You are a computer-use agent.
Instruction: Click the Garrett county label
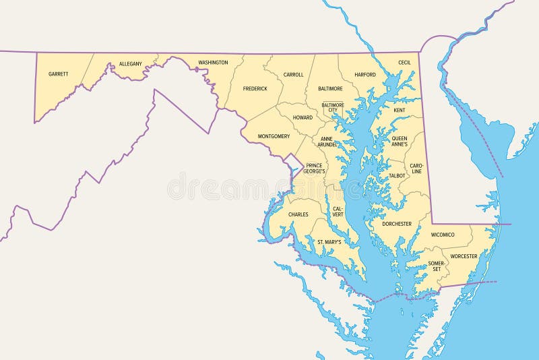click(x=59, y=73)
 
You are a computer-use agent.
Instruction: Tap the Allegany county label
click(x=130, y=64)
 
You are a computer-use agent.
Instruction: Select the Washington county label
click(x=213, y=63)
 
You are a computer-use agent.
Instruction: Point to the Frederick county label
click(x=255, y=88)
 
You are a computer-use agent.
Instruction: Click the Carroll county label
click(x=293, y=75)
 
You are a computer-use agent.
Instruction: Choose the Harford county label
click(x=364, y=75)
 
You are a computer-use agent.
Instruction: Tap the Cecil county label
click(x=404, y=62)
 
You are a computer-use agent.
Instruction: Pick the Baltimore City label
click(x=333, y=108)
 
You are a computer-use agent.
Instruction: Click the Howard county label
click(x=303, y=117)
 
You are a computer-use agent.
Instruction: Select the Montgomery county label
click(x=274, y=136)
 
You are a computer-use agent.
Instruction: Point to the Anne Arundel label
click(x=327, y=141)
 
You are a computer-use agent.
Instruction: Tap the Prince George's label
click(x=315, y=168)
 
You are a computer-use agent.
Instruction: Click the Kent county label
click(x=400, y=110)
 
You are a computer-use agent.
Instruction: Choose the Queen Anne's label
click(x=400, y=141)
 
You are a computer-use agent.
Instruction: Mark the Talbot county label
click(x=397, y=175)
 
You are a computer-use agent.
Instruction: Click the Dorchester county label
click(x=396, y=223)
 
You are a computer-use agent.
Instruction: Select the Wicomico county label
click(x=443, y=235)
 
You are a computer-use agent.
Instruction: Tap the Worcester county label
click(x=464, y=256)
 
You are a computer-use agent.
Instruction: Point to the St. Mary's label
click(x=329, y=241)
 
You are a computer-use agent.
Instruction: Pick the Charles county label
click(x=298, y=214)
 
